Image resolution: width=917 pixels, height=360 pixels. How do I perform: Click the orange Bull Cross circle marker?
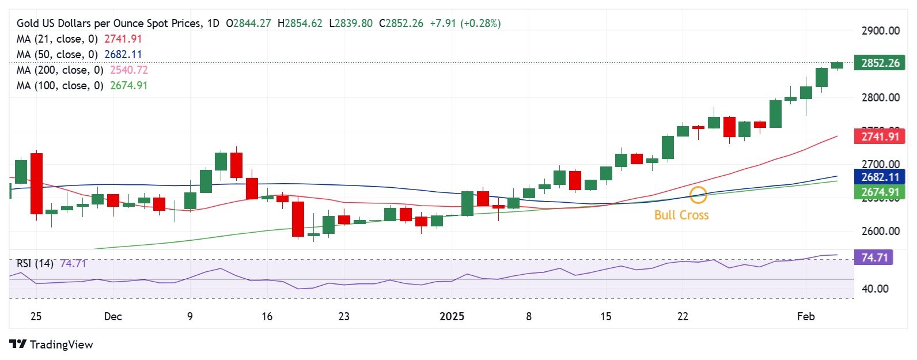click(x=698, y=195)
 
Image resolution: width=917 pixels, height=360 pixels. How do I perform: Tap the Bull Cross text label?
click(x=681, y=215)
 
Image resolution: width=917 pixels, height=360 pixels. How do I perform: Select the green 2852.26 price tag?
click(x=880, y=63)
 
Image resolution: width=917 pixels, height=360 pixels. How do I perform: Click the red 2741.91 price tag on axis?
click(x=880, y=137)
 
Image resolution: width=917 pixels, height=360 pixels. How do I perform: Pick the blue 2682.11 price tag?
click(x=880, y=177)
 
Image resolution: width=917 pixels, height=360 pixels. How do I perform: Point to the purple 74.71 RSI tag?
click(x=874, y=257)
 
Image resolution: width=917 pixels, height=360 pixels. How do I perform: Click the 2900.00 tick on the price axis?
click(x=880, y=31)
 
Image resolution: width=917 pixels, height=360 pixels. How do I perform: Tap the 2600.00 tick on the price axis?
click(x=880, y=231)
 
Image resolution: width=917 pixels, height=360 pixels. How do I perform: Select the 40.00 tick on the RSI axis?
click(x=874, y=289)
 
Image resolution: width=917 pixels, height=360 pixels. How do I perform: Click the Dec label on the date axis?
click(x=113, y=316)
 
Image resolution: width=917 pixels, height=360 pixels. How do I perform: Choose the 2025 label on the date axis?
click(x=452, y=316)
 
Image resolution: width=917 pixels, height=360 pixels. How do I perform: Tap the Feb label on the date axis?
click(x=805, y=316)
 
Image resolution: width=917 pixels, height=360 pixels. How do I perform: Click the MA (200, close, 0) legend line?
click(x=82, y=70)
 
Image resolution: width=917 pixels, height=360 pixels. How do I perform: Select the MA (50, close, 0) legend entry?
click(x=79, y=55)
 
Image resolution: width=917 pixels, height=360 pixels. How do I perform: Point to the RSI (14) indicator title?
click(x=35, y=264)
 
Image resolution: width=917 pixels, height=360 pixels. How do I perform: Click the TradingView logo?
click(x=51, y=344)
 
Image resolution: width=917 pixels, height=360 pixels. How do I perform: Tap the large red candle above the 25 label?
click(x=36, y=183)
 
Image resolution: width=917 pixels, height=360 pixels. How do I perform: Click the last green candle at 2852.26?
click(x=837, y=65)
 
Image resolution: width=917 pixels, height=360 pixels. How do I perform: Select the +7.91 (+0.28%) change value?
click(x=465, y=24)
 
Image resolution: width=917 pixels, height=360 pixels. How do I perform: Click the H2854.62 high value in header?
click(x=300, y=24)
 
